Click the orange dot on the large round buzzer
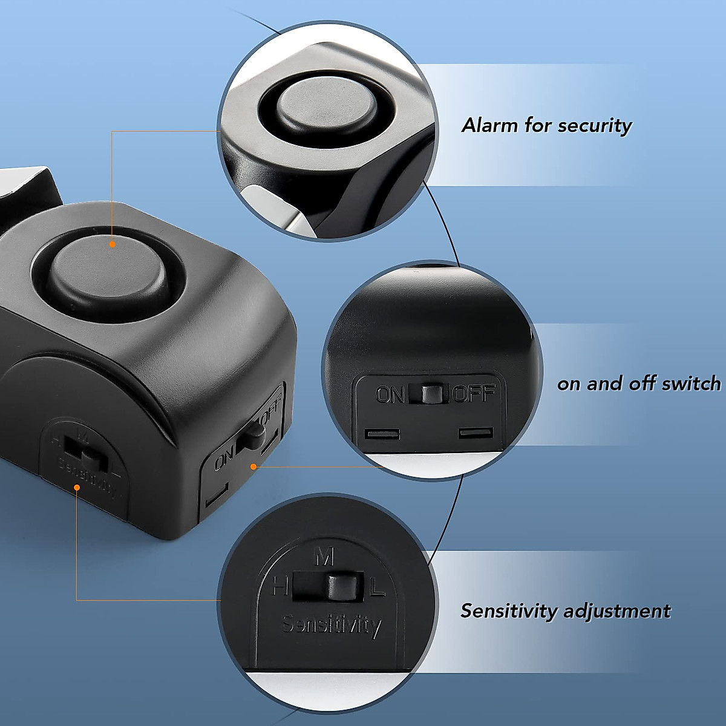tap(113, 244)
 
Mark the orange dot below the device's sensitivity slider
tap(77, 488)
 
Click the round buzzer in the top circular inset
tap(327, 107)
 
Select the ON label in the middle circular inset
tap(390, 395)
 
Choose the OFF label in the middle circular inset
tap(474, 394)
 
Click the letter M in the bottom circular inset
tap(325, 556)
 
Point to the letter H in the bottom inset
tap(279, 586)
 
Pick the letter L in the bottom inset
tap(378, 586)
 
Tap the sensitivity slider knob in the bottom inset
tap(340, 587)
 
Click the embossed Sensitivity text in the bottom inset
tap(332, 624)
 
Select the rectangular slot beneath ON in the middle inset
tap(382, 434)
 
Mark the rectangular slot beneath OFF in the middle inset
tap(476, 433)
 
